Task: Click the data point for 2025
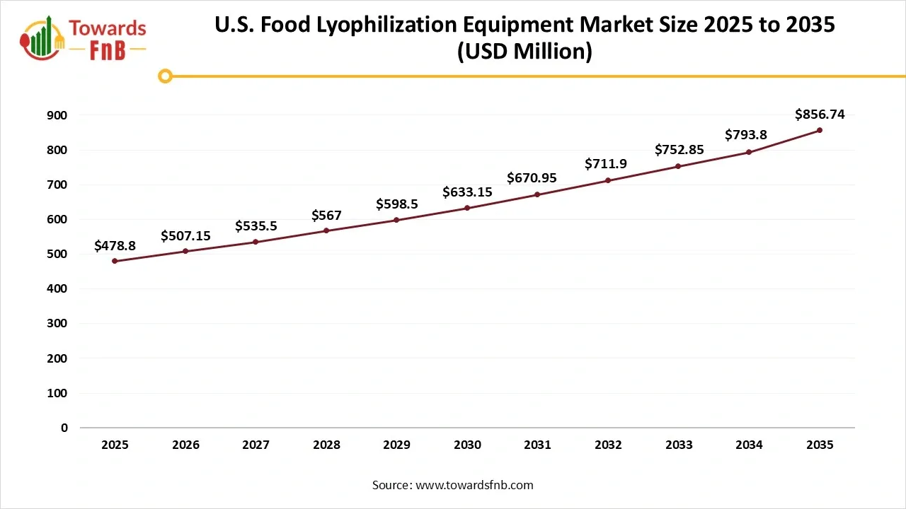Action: (x=115, y=261)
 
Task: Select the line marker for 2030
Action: (x=467, y=208)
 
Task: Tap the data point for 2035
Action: (x=820, y=130)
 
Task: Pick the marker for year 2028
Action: (x=326, y=230)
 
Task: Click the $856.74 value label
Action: (x=820, y=114)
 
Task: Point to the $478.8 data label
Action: (x=115, y=246)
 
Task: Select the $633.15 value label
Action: (x=467, y=192)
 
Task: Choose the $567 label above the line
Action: (x=326, y=216)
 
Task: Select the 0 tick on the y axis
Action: (x=64, y=428)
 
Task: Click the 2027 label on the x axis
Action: (x=256, y=445)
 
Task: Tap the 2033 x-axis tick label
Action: (x=679, y=445)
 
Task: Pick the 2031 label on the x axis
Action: (x=538, y=445)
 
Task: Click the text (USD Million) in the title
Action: (x=524, y=52)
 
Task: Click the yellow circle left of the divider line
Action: (x=165, y=76)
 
